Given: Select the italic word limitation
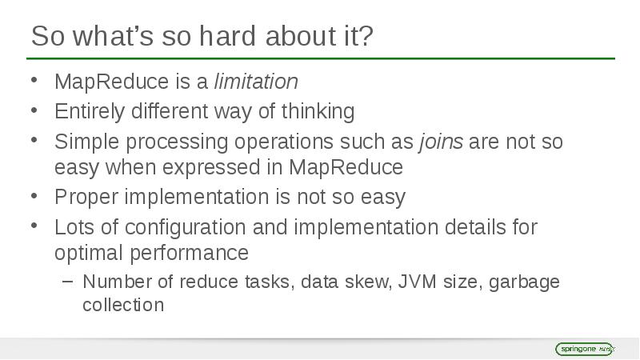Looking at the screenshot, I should (x=256, y=82).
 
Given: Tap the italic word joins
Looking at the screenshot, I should (x=440, y=142).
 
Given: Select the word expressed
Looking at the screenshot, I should (x=215, y=167).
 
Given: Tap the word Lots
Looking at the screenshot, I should (x=71, y=227).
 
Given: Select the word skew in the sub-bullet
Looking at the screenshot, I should (x=367, y=282).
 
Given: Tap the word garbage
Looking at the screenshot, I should (x=524, y=282).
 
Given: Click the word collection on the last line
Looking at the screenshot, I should (x=123, y=306).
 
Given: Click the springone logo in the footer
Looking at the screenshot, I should (x=584, y=349).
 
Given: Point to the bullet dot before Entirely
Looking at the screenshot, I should (x=34, y=109).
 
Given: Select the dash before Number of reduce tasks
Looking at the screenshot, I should (x=67, y=282).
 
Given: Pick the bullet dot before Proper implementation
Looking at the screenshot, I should (x=34, y=194).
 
